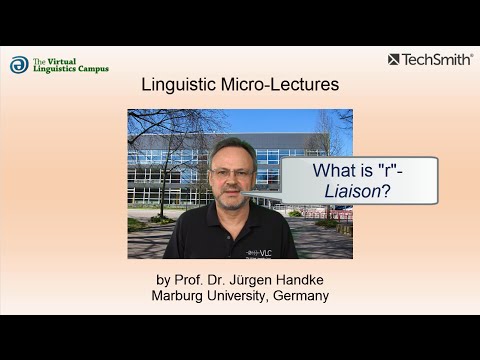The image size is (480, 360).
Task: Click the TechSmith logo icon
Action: [x=394, y=60]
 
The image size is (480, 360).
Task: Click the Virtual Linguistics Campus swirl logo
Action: [x=19, y=65]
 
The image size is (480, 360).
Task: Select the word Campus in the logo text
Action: [x=91, y=69]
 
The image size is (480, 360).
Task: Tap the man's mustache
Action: [x=233, y=192]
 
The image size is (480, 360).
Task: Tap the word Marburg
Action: [x=180, y=296]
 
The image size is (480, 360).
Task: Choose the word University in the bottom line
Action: [x=239, y=296]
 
